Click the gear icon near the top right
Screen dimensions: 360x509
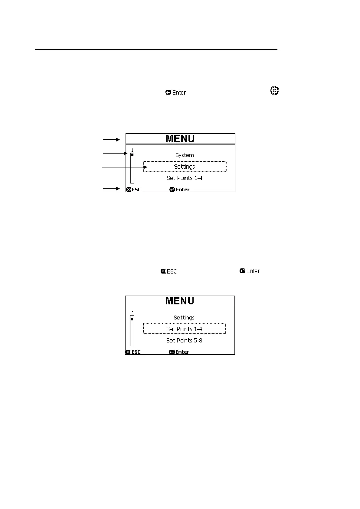274,91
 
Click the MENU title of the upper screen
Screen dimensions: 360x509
180,139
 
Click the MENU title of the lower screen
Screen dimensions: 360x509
180,301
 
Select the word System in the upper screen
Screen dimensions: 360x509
185,155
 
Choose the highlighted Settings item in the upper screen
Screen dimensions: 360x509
185,167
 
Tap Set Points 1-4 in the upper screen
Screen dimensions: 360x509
185,178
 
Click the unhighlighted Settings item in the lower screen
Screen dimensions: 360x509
184,318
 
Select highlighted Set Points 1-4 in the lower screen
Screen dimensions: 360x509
184,329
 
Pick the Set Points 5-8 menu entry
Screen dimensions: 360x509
184,340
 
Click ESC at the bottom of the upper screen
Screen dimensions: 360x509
133,190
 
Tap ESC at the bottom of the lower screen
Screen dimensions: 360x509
133,352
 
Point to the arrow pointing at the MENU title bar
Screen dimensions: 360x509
112,140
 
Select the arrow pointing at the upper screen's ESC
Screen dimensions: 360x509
112,189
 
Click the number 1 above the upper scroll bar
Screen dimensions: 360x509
132,150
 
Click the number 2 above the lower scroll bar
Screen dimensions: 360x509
132,313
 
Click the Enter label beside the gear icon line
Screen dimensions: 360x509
176,92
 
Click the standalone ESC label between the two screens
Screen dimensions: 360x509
169,271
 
